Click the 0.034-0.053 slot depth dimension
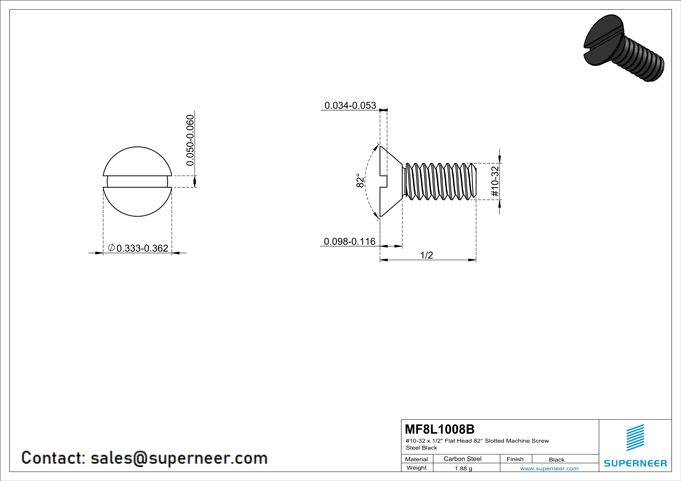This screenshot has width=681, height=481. pos(350,106)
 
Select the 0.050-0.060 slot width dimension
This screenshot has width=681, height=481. pos(190,140)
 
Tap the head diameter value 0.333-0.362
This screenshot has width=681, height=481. pos(142,248)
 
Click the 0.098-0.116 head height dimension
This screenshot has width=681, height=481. pos(350,241)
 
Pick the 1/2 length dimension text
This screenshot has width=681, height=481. pos(426,255)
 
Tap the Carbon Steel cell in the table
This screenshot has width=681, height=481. pos(462,459)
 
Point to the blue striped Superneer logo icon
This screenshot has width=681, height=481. pos(635,438)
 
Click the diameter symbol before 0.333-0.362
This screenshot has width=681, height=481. pos(111,248)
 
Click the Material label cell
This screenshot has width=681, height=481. pos(417,459)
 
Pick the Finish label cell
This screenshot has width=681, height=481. pos(515,459)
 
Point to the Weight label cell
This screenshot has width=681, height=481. pos(417,468)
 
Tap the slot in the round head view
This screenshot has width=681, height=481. pos(137,182)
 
